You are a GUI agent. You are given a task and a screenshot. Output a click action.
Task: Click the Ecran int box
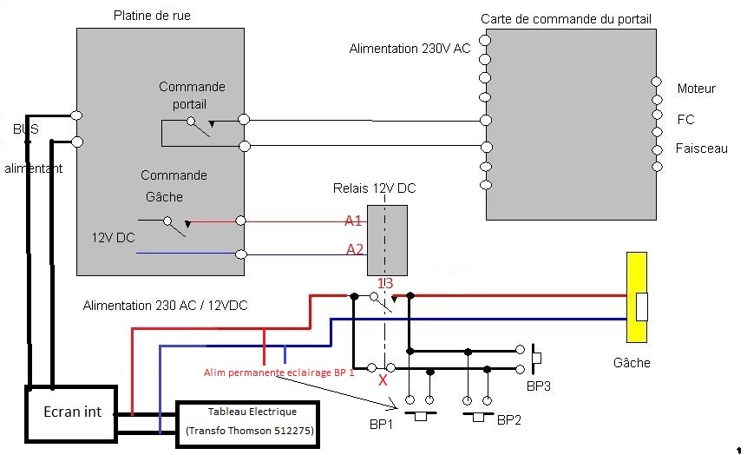pos(68,412)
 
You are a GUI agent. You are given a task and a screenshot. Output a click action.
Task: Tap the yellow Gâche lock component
pos(637,297)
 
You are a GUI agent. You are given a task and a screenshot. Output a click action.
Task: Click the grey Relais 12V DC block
pos(387,241)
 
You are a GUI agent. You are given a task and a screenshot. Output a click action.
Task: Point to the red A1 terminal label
pos(353,221)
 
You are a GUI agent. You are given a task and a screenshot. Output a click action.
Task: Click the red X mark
pos(383,380)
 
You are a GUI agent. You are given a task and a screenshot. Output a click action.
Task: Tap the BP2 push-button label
pos(508,420)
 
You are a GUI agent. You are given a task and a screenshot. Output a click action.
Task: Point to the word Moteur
pos(696,89)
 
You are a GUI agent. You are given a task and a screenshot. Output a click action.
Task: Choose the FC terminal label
pos(685,119)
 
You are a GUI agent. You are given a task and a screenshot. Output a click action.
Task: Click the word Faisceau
pos(701,149)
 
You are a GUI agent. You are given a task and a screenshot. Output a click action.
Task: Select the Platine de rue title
pos(152,16)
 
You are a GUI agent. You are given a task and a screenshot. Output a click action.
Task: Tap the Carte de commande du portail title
pos(566,19)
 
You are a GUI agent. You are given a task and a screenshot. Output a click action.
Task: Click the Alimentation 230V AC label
pos(410,49)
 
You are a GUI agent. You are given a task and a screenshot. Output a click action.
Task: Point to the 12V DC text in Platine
pos(114,236)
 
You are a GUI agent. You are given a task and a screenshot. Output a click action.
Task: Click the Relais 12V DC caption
pos(374,188)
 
